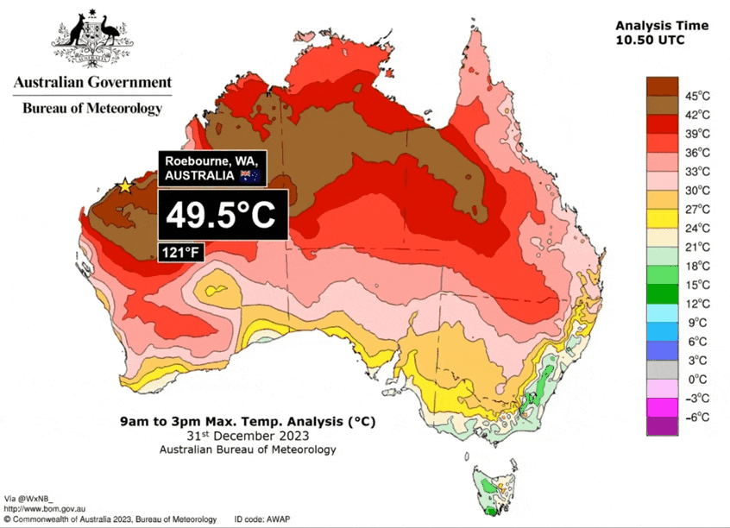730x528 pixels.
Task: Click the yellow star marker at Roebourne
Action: pyautogui.click(x=125, y=185)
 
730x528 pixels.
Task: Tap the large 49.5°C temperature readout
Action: pyautogui.click(x=221, y=216)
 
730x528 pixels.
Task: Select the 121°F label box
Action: pyautogui.click(x=179, y=251)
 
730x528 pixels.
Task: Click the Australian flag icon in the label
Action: pyautogui.click(x=251, y=176)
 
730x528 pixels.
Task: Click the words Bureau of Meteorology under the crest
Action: pyautogui.click(x=91, y=109)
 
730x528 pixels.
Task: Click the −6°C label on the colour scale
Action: pyautogui.click(x=697, y=417)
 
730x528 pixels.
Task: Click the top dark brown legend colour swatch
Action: pyautogui.click(x=663, y=85)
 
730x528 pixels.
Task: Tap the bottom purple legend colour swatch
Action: pyautogui.click(x=663, y=425)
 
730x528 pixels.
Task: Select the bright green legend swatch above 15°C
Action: pyautogui.click(x=663, y=274)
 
